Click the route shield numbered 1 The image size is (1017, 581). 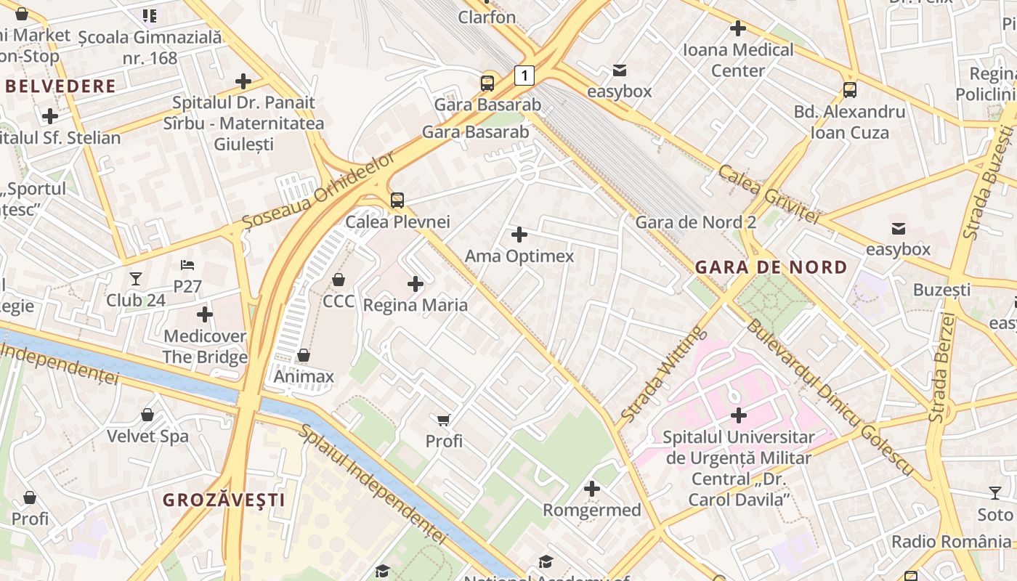click(x=524, y=75)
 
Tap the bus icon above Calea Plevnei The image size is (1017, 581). click(x=397, y=200)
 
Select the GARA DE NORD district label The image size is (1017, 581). click(x=771, y=267)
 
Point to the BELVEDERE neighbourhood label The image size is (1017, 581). click(x=60, y=86)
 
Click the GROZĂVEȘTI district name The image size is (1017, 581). click(x=224, y=500)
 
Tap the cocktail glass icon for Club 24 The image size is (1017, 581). click(x=136, y=279)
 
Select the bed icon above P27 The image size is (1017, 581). click(x=187, y=265)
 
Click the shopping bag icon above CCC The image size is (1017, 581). click(x=339, y=280)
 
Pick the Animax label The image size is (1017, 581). click(x=304, y=376)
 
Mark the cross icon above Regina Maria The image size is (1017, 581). click(x=416, y=284)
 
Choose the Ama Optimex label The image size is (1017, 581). click(x=519, y=256)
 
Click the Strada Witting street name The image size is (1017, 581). click(x=663, y=374)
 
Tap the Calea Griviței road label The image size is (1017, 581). click(x=769, y=194)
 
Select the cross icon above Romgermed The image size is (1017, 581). click(x=592, y=489)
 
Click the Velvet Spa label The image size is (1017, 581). click(x=147, y=436)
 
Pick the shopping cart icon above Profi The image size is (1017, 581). click(x=444, y=420)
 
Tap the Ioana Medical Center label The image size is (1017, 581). click(x=738, y=60)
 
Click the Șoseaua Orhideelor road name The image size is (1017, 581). click(x=320, y=190)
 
